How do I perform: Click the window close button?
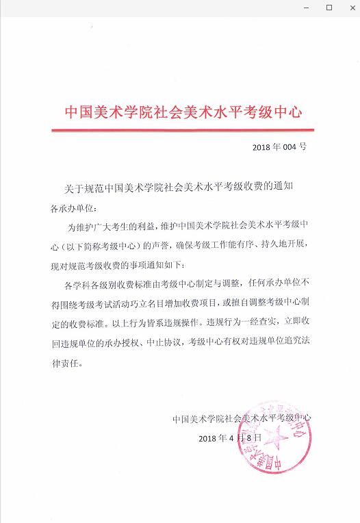click(348, 8)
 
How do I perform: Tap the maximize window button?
click(329, 8)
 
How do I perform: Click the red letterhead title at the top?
click(183, 112)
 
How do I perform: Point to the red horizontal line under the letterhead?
click(183, 129)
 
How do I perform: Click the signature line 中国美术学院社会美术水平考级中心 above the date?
click(242, 417)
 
